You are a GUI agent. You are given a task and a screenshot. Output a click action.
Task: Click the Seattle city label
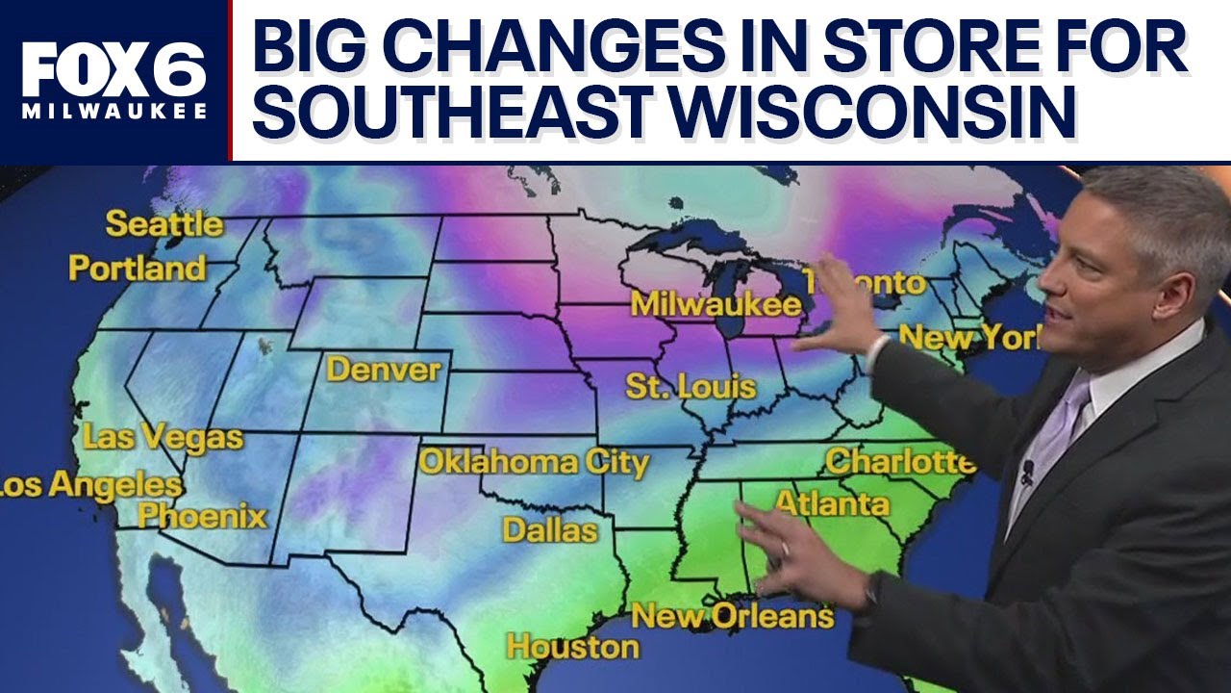(163, 224)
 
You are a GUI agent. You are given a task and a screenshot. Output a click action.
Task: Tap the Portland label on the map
(137, 269)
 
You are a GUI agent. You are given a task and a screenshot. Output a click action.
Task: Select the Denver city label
(383, 370)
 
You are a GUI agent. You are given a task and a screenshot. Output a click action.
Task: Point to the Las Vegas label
(163, 437)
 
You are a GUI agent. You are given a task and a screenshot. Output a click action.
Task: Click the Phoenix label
(202, 516)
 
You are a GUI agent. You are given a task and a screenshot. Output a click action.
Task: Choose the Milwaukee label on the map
(716, 304)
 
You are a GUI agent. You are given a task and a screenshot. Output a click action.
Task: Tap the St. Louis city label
(691, 387)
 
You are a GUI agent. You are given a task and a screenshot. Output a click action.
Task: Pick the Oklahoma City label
(534, 462)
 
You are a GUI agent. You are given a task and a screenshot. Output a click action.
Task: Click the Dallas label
(550, 529)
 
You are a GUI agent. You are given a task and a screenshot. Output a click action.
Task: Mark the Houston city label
(572, 646)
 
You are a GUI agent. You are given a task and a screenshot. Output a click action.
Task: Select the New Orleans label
(732, 616)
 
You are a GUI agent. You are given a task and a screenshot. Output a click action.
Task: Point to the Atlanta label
(832, 502)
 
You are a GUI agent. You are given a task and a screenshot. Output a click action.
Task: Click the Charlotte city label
(899, 461)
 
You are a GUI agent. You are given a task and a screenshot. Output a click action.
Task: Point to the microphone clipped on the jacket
(1027, 471)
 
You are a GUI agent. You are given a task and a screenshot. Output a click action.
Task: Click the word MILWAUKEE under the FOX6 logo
(113, 112)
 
